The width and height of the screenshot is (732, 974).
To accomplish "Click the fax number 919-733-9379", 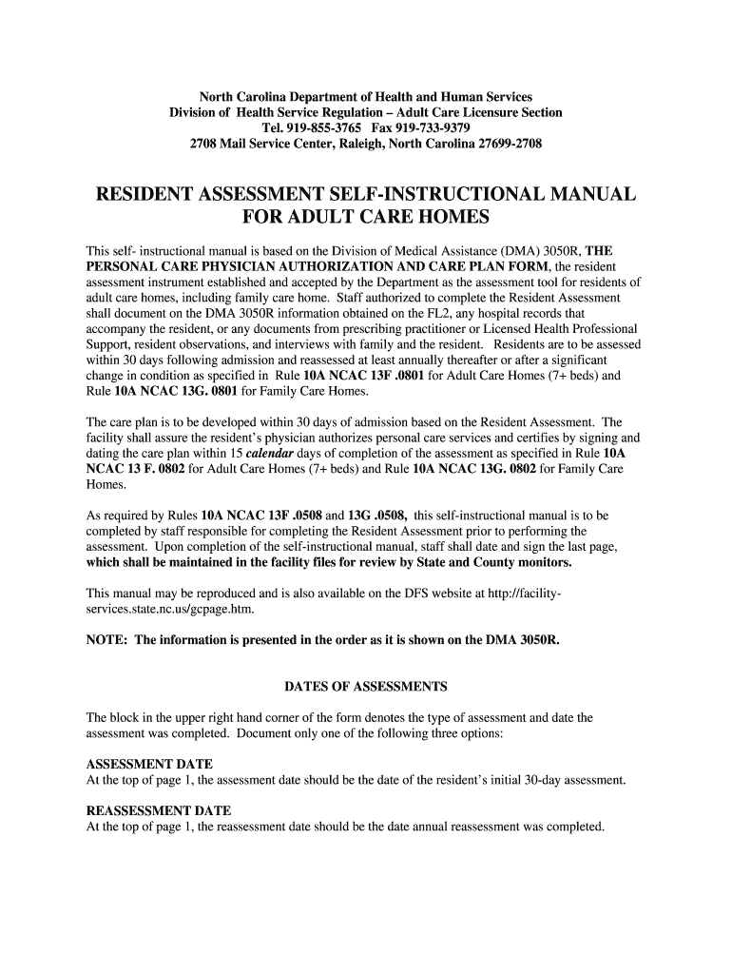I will [x=433, y=128].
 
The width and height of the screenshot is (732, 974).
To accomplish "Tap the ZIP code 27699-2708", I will [x=506, y=145].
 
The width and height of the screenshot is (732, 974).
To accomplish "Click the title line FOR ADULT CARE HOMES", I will [x=366, y=219].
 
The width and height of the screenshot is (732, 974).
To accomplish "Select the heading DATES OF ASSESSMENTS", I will [x=366, y=687].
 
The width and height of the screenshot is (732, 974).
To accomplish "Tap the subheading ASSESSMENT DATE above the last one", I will [x=149, y=765].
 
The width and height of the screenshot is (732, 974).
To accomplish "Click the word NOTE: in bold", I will [x=107, y=640].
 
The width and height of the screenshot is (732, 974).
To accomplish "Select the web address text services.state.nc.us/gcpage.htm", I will [x=171, y=609].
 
